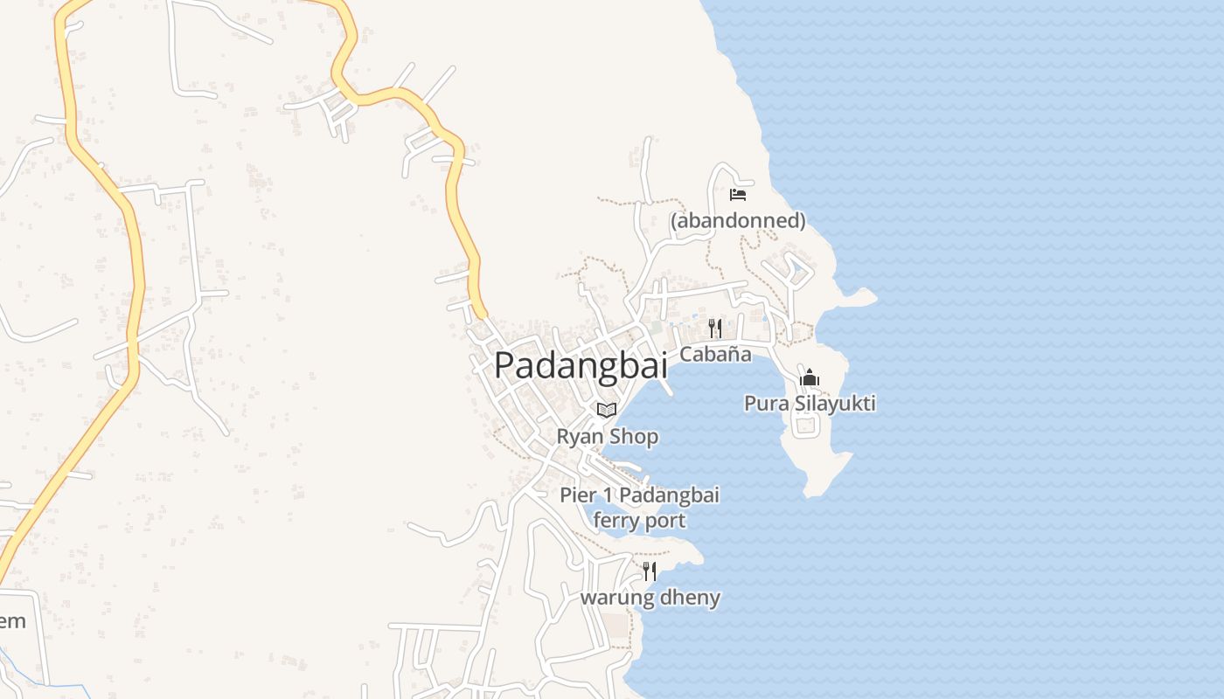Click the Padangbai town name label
tap(581, 365)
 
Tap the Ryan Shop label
tap(608, 436)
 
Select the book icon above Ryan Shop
tap(607, 410)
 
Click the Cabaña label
tap(715, 354)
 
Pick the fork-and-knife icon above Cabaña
tap(715, 328)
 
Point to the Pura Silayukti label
tap(810, 404)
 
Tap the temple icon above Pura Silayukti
tap(810, 378)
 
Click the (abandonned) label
tap(738, 221)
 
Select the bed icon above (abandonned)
tap(738, 195)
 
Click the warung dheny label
tap(650, 599)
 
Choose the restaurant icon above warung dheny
tap(650, 571)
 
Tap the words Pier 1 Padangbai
tap(639, 495)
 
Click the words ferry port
tap(639, 521)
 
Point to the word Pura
tap(762, 404)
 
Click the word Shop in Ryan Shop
tap(635, 436)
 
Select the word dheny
tap(692, 599)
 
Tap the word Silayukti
tap(829, 404)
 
